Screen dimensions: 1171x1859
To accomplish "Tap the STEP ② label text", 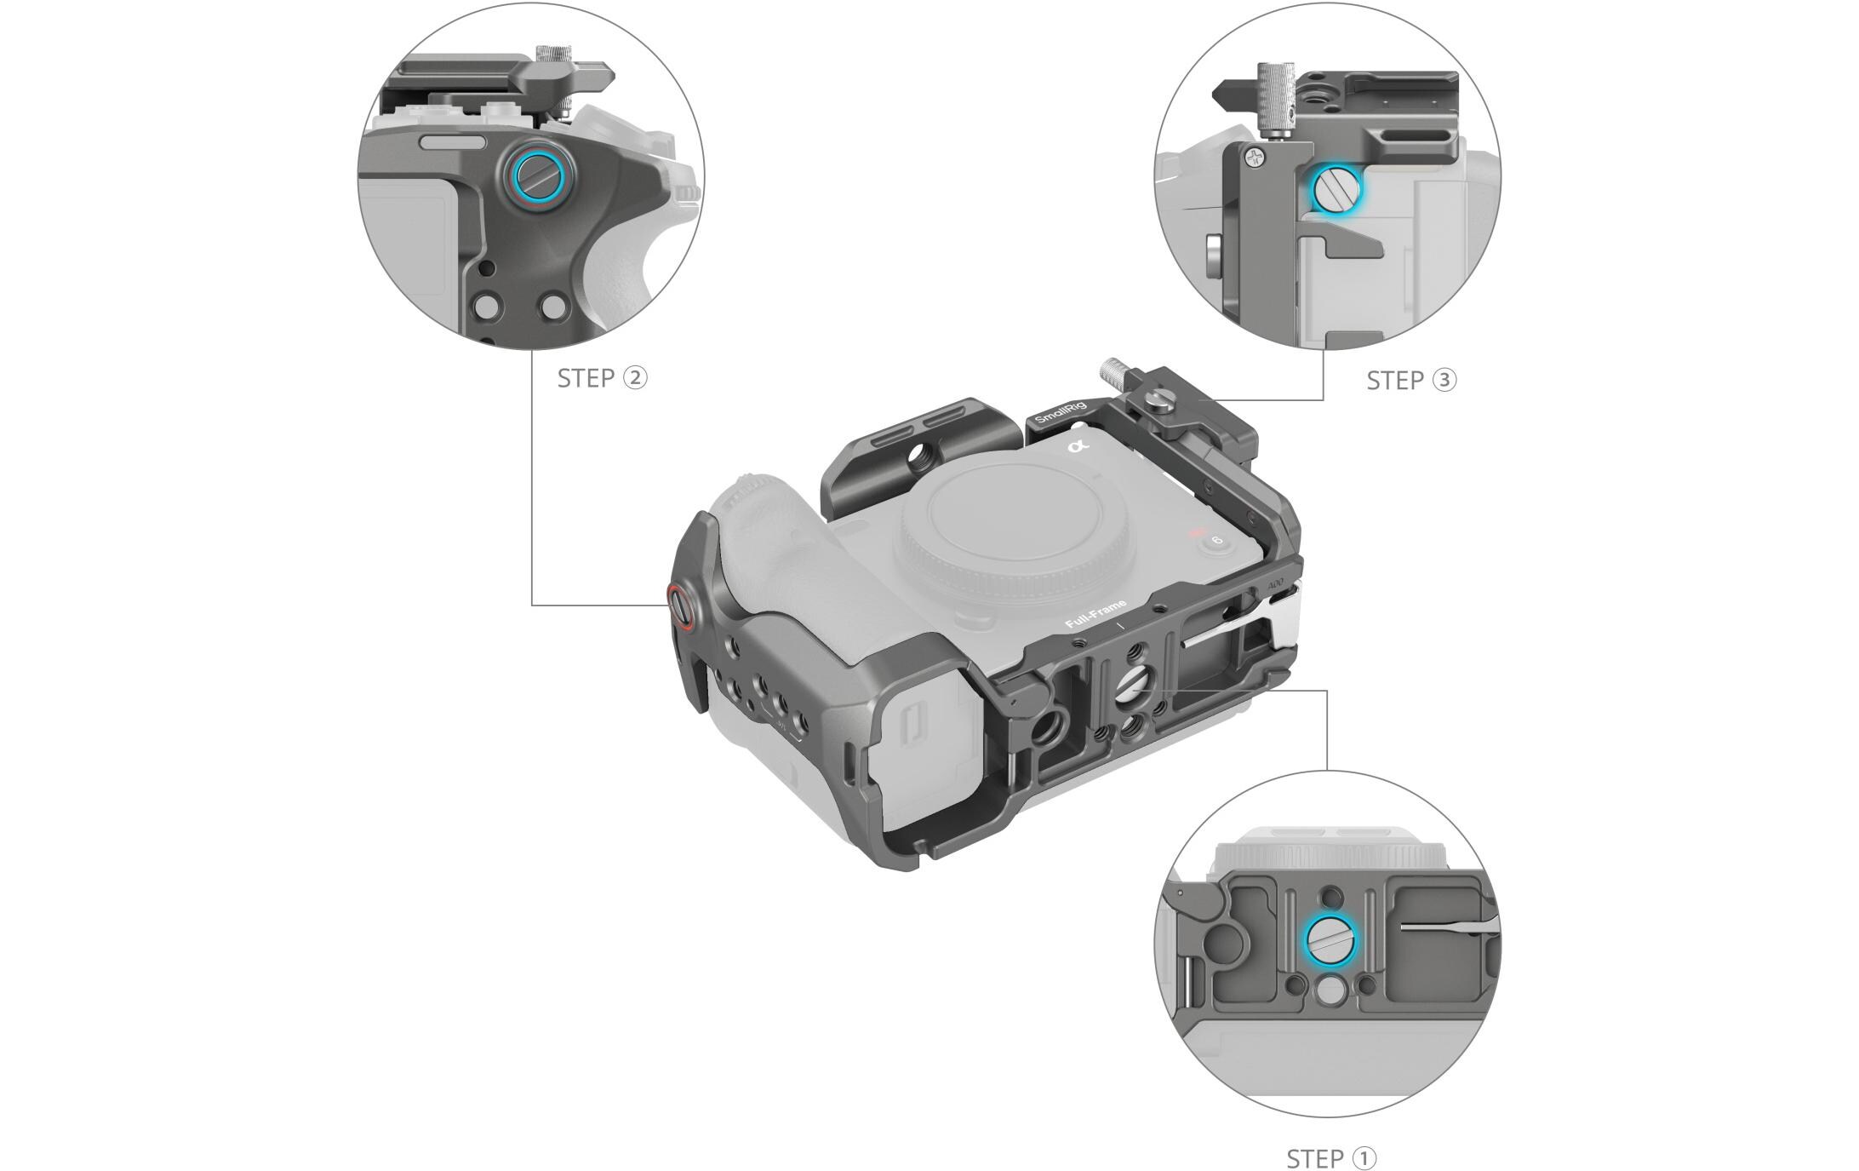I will pyautogui.click(x=602, y=378).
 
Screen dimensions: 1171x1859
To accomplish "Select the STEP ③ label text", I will pyautogui.click(x=1411, y=381).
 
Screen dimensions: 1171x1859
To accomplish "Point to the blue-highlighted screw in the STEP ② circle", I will pyautogui.click(x=535, y=178).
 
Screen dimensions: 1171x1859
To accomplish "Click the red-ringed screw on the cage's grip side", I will pyautogui.click(x=679, y=606).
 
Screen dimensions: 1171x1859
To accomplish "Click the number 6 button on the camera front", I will pyautogui.click(x=1216, y=541).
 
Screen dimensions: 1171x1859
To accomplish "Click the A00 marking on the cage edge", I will pyautogui.click(x=1275, y=585).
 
